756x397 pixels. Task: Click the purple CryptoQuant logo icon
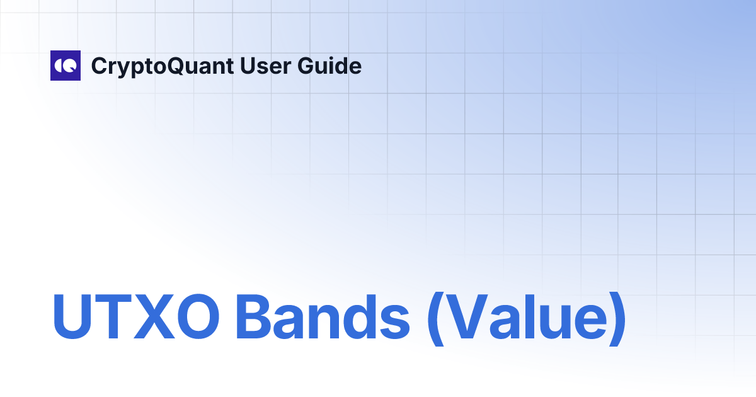click(x=66, y=66)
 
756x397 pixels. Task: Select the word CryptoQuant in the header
click(x=162, y=66)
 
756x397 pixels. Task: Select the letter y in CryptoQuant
click(x=120, y=69)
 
